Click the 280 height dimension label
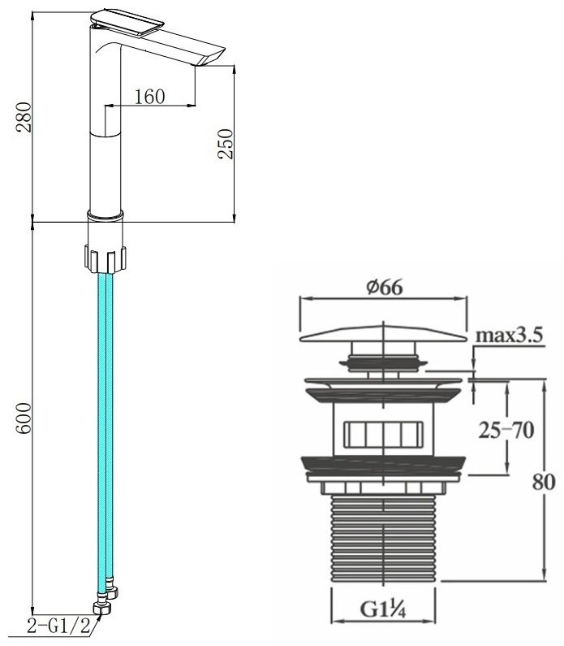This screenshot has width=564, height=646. (x=24, y=117)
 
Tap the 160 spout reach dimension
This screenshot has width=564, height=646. (x=150, y=97)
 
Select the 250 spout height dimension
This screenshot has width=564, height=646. (x=226, y=144)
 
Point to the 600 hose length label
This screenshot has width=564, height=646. (x=24, y=418)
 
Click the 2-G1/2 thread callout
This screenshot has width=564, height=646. (x=58, y=626)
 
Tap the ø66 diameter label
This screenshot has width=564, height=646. (x=385, y=287)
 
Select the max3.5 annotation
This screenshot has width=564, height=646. (x=510, y=336)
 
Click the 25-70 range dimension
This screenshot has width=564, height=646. (x=506, y=431)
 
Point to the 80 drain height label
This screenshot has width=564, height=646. (x=544, y=481)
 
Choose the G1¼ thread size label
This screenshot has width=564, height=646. (x=383, y=609)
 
